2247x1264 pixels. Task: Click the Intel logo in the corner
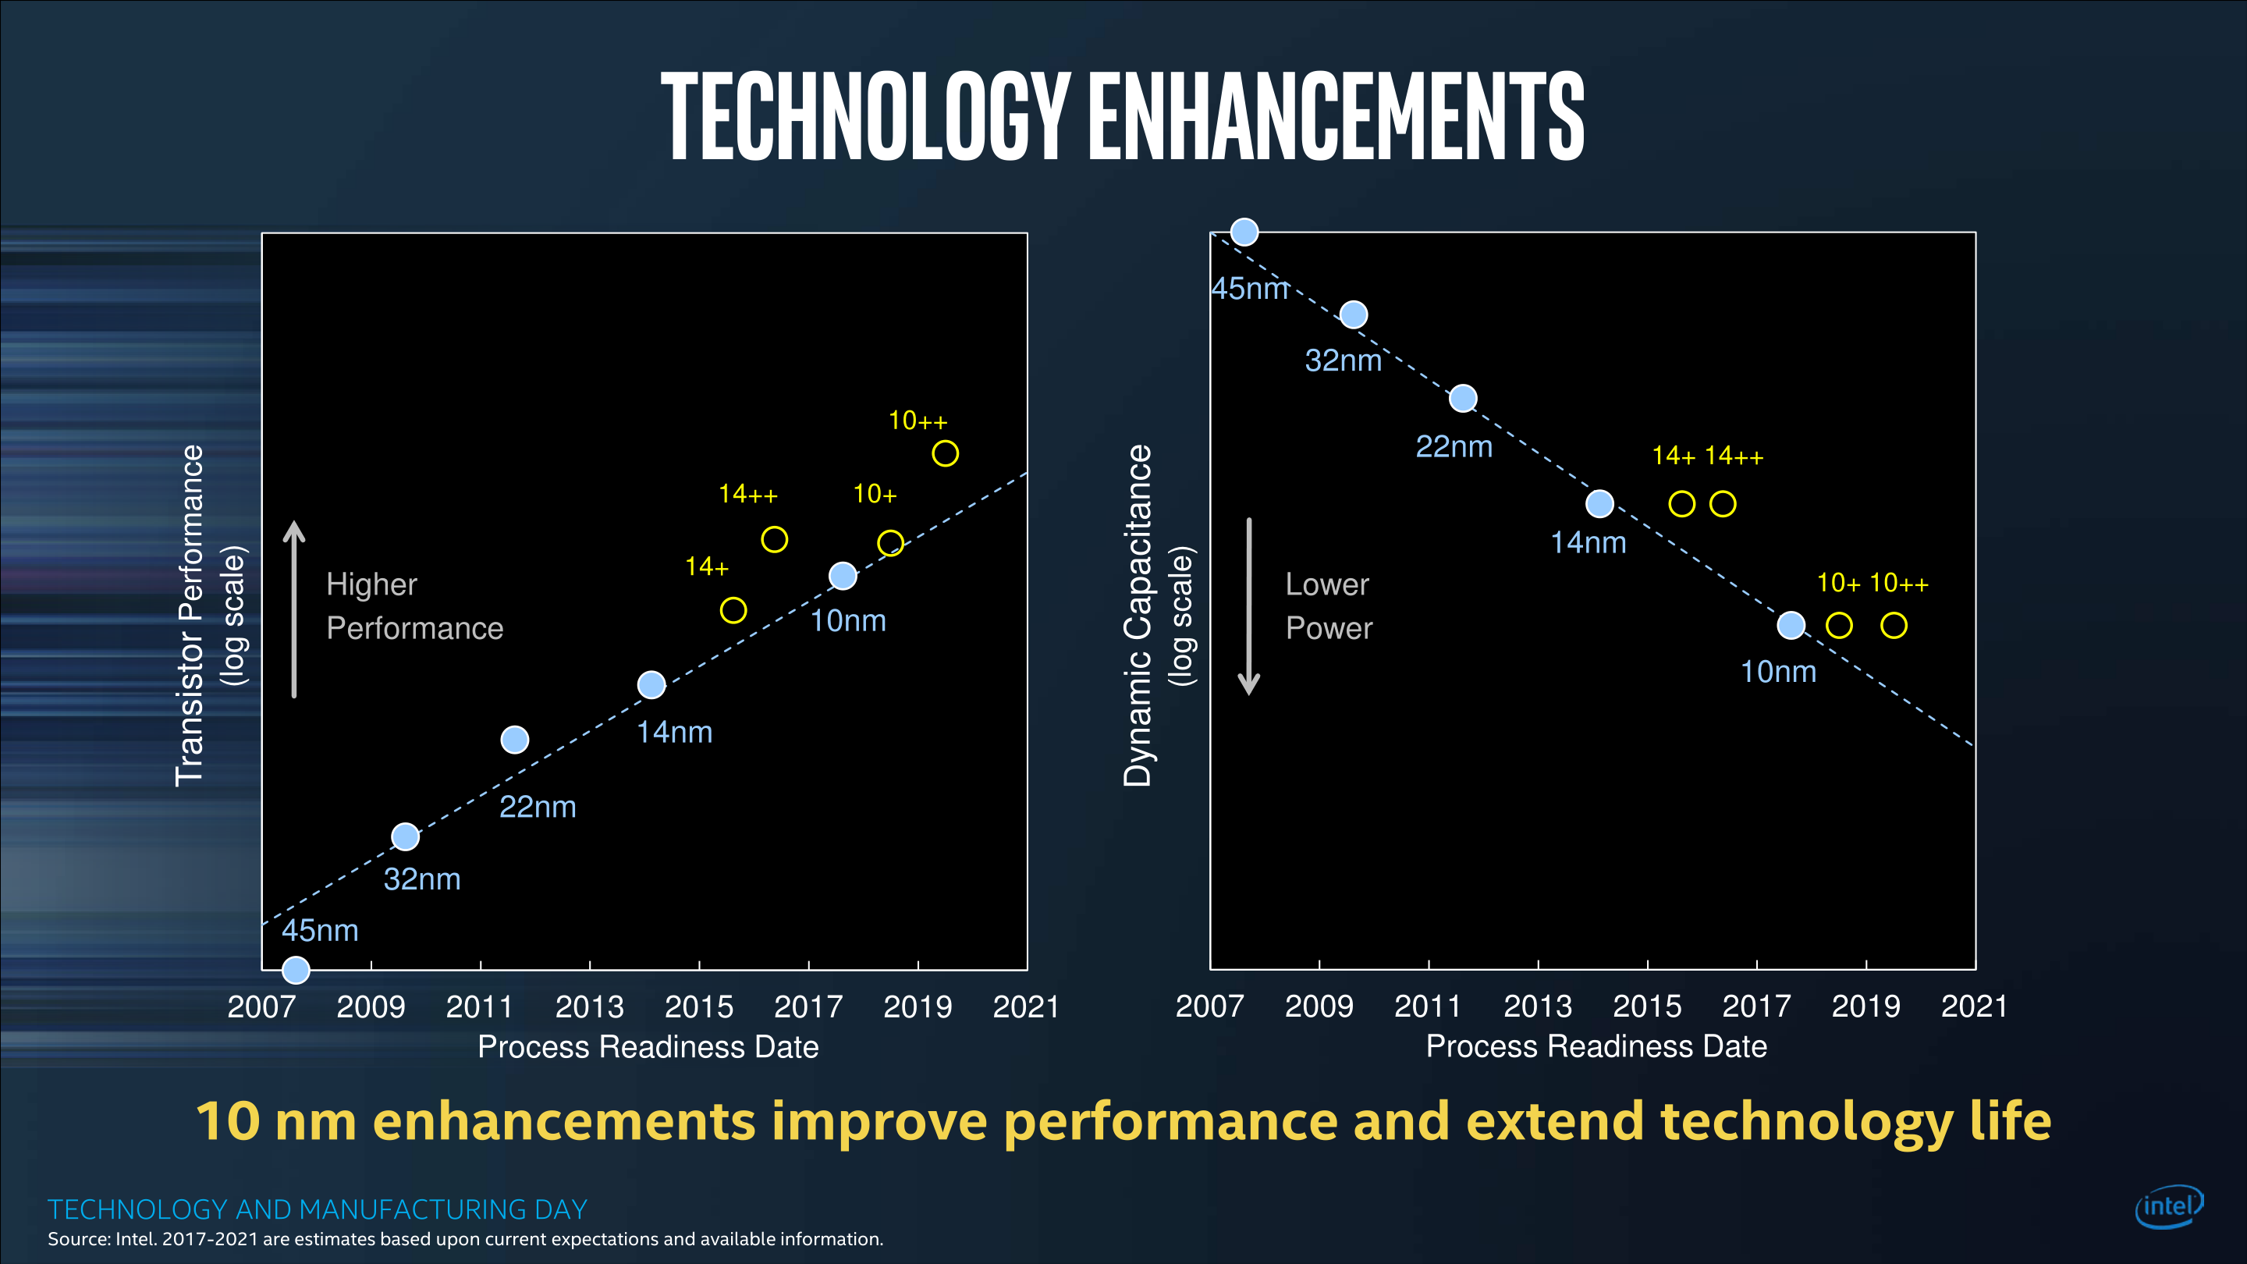pyautogui.click(x=2168, y=1206)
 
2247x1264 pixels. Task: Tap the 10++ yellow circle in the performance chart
pyautogui.click(x=945, y=453)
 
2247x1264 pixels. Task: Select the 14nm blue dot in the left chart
pyautogui.click(x=651, y=685)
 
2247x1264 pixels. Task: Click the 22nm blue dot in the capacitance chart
pyautogui.click(x=1463, y=399)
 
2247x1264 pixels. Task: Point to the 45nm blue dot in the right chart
pyautogui.click(x=1244, y=232)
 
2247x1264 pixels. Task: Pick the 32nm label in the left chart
pyautogui.click(x=422, y=879)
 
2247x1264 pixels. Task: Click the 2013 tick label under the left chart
pyautogui.click(x=590, y=1007)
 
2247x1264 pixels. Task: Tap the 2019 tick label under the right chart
pyautogui.click(x=1865, y=1006)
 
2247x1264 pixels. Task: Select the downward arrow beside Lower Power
pyautogui.click(x=1249, y=607)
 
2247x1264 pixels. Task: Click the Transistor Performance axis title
pyautogui.click(x=190, y=615)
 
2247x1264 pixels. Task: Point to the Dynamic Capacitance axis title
pyautogui.click(x=1138, y=615)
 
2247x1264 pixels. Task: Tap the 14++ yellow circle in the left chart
pyautogui.click(x=774, y=539)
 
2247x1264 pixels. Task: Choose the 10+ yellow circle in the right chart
pyautogui.click(x=1839, y=626)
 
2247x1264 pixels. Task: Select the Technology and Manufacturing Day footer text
pyautogui.click(x=318, y=1209)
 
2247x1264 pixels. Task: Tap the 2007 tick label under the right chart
pyautogui.click(x=1209, y=1006)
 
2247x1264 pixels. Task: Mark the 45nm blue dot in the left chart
pyautogui.click(x=296, y=969)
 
